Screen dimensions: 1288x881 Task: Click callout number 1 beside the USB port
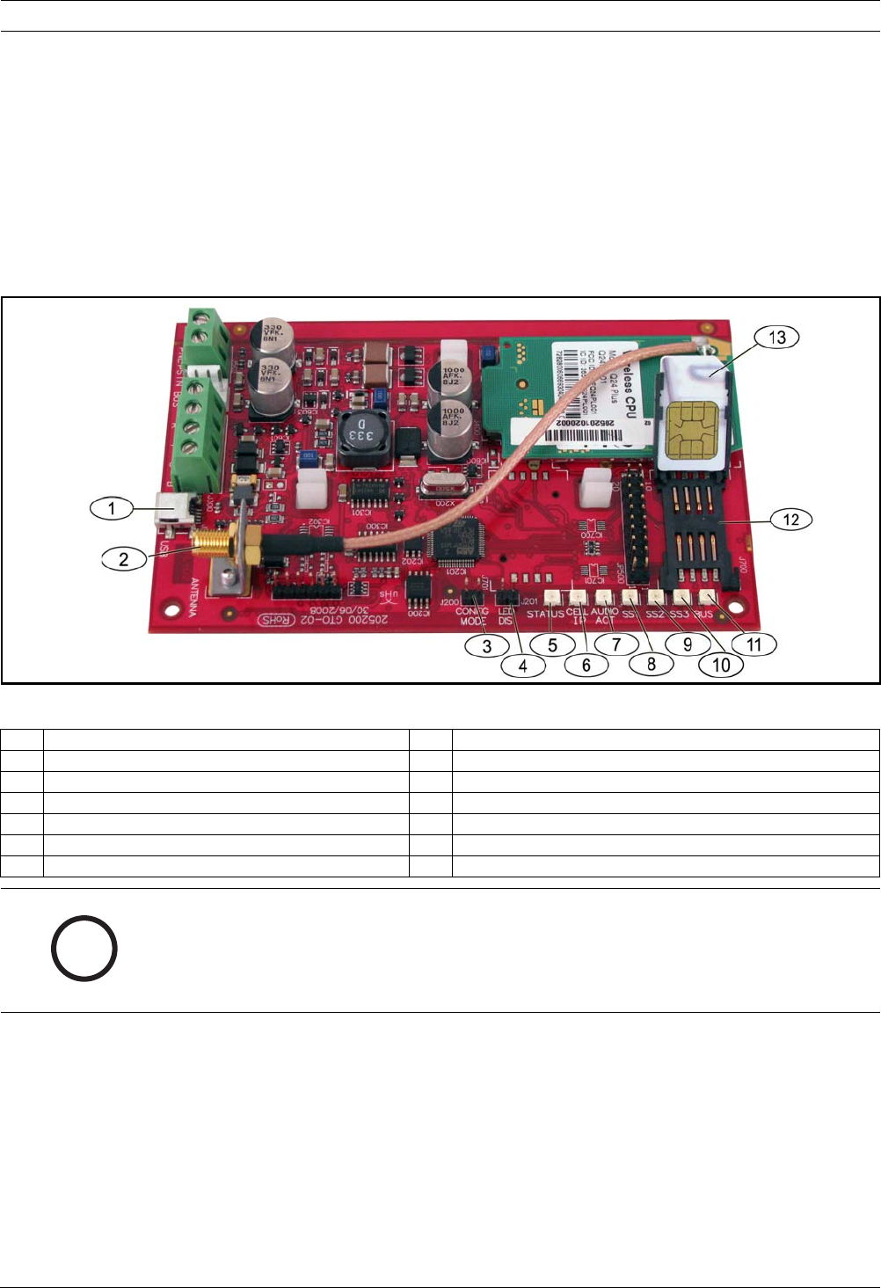(x=112, y=508)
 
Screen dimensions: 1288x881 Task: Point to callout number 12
(x=790, y=519)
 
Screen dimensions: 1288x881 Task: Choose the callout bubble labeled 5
(x=552, y=645)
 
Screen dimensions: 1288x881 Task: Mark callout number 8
(x=652, y=664)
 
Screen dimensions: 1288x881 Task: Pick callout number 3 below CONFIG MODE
(x=486, y=644)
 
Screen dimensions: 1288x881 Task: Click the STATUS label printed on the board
(x=546, y=614)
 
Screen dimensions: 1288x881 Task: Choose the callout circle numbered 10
(x=720, y=664)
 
